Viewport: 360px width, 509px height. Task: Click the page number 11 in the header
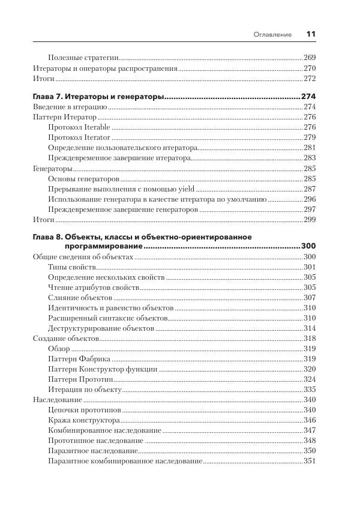[310, 34]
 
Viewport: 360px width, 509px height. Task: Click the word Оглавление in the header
[273, 35]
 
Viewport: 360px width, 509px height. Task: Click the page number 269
[310, 58]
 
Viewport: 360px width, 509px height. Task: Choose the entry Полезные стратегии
[82, 58]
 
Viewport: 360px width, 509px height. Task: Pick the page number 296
[310, 199]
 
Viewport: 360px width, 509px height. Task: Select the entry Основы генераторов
[83, 179]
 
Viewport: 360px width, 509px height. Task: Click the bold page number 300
[308, 246]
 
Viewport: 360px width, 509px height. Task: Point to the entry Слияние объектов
[79, 298]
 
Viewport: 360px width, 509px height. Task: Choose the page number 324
[310, 379]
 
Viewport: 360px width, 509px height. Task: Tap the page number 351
[310, 461]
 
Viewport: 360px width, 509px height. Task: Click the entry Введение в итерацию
[70, 107]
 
